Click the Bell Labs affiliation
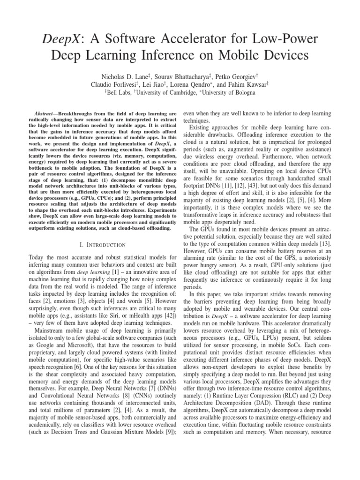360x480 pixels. pos(119,93)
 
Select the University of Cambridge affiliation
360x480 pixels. pos(168,93)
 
